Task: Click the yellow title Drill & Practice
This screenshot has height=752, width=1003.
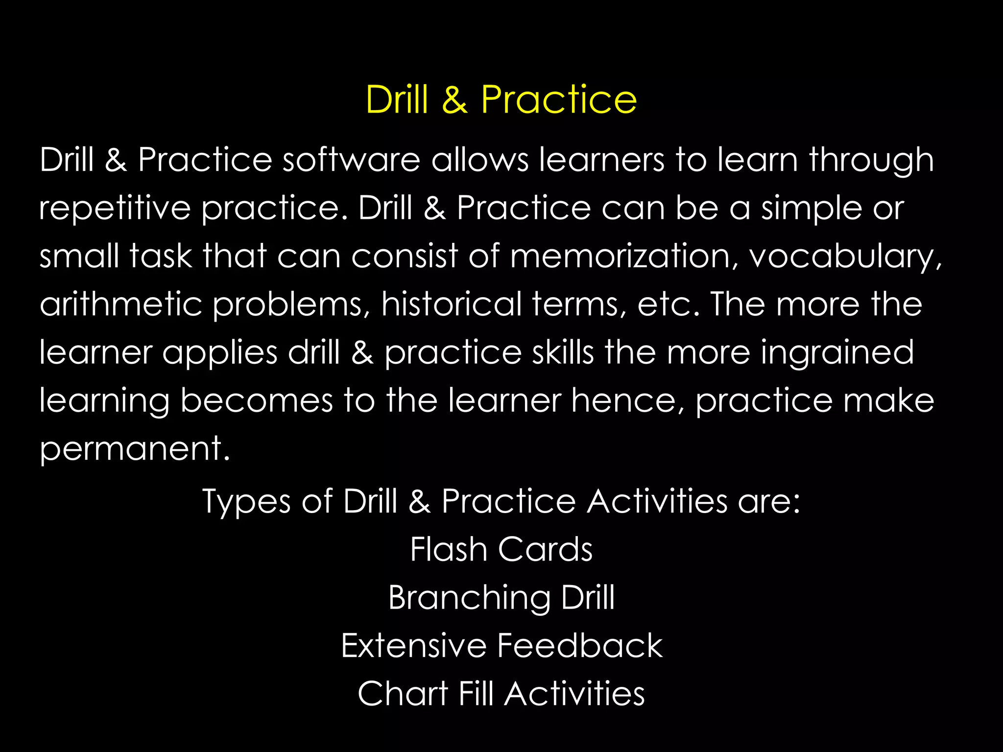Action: pyautogui.click(x=501, y=99)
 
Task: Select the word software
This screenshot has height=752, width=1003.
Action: pyautogui.click(x=351, y=160)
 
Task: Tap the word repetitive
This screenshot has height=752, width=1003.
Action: pyautogui.click(x=115, y=208)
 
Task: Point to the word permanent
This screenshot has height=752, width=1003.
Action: pyautogui.click(x=134, y=448)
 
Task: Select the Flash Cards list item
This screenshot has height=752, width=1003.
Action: pyautogui.click(x=501, y=549)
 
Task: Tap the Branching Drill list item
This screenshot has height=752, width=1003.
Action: pyautogui.click(x=501, y=598)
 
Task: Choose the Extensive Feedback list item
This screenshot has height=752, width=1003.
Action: pyautogui.click(x=501, y=645)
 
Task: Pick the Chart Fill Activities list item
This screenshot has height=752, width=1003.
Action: pyautogui.click(x=501, y=693)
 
